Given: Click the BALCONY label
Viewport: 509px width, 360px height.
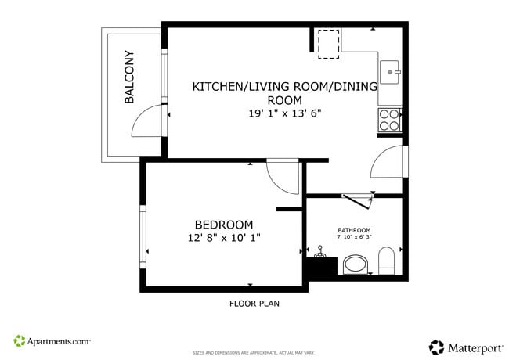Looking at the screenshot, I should point(129,77).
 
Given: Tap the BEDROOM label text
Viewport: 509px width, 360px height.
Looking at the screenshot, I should point(224,224).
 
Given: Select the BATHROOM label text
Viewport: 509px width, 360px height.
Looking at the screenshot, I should point(354,230).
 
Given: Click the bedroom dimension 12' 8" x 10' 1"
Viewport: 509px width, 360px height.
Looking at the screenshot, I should point(224,237).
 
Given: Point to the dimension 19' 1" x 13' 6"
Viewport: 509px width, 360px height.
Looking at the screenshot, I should point(284,113).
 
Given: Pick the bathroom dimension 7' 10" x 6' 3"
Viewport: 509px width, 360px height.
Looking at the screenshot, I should point(354,237).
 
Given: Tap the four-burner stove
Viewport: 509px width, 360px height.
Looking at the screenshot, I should point(389,119).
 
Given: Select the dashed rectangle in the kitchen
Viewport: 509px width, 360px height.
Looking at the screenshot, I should point(329,43).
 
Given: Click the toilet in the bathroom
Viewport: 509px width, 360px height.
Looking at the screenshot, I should point(387,261).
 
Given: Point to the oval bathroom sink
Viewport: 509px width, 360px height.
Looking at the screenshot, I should point(356,265).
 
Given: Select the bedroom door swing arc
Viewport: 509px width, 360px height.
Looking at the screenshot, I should point(283,177).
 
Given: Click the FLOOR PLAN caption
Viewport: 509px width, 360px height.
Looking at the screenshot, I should point(254,304).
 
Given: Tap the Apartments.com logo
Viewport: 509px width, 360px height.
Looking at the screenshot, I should point(52,341).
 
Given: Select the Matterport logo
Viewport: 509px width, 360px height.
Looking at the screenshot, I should point(464,346).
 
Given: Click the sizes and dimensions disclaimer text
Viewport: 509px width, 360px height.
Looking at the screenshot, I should point(254,353).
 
